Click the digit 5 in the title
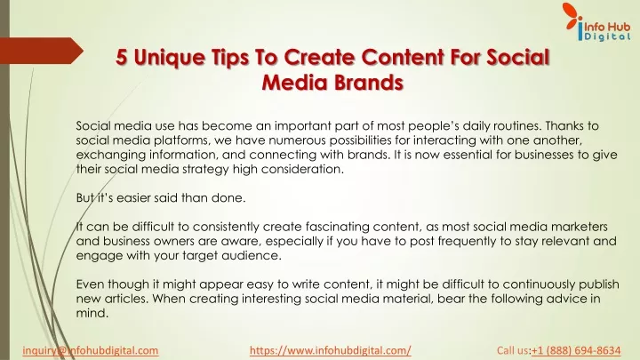tap(122, 57)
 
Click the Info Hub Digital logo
tap(596, 22)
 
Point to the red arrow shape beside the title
tap(42, 51)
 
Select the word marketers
tap(580, 227)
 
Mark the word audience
tap(252, 256)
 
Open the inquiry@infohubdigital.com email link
tap(90, 350)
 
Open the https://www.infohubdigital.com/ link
tap(330, 350)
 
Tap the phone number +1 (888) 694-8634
tap(576, 350)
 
